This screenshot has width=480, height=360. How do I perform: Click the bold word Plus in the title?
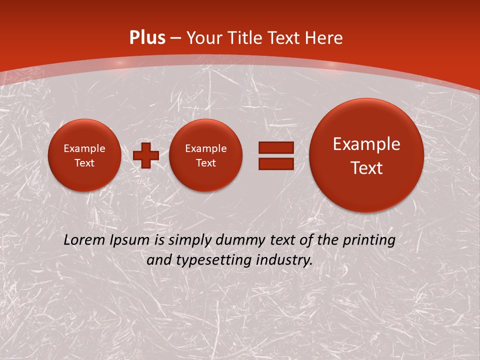[x=147, y=38]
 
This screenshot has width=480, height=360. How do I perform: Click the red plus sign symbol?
[x=145, y=155]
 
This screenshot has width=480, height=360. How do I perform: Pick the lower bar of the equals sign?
[x=275, y=163]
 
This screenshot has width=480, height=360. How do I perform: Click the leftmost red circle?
[x=84, y=155]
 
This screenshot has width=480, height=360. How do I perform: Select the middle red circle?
[x=205, y=155]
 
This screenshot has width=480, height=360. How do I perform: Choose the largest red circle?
[x=366, y=155]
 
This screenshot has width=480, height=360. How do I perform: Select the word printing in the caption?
[x=369, y=240]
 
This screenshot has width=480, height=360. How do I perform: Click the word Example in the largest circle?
[x=366, y=144]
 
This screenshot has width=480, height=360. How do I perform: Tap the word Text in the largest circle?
[x=366, y=168]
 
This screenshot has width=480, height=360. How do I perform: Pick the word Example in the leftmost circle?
[x=84, y=148]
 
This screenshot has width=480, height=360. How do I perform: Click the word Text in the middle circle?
[x=205, y=163]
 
